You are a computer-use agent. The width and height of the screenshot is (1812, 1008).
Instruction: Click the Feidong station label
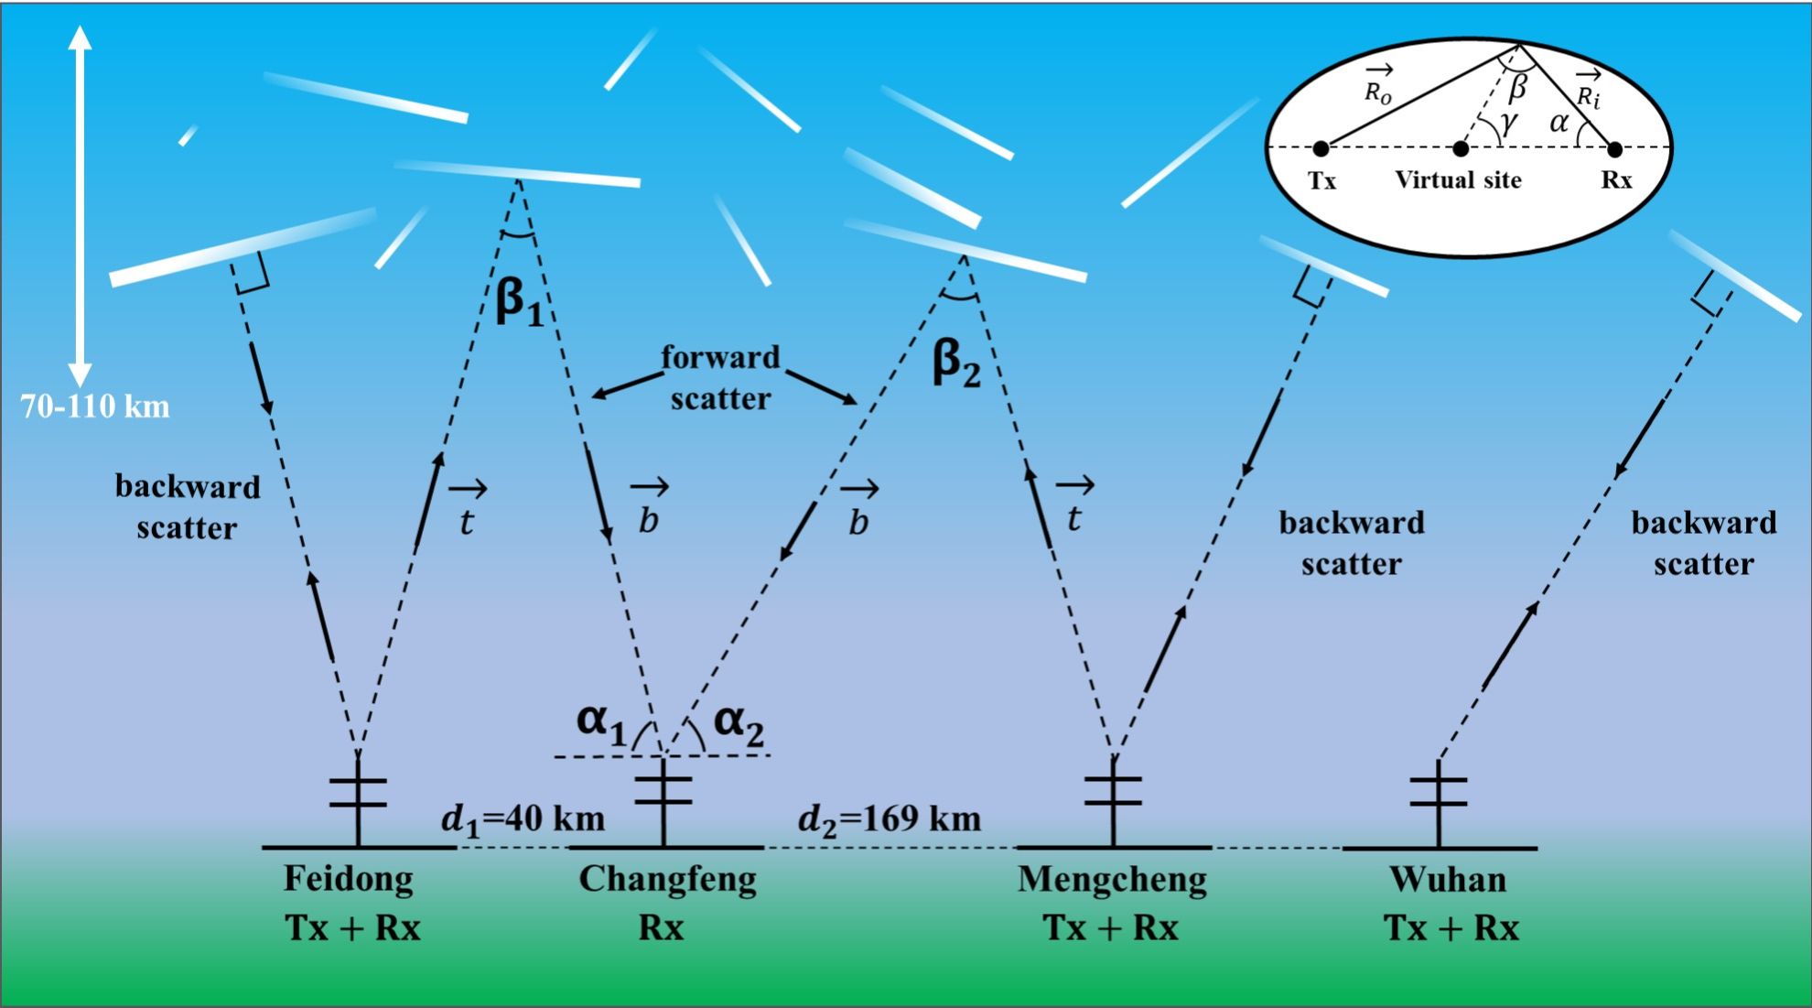(348, 879)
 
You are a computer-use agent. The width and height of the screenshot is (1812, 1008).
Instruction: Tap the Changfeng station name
(667, 879)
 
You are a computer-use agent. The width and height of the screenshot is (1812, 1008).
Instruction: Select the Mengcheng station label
(1112, 879)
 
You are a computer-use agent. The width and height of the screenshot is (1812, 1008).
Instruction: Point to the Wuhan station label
(1447, 880)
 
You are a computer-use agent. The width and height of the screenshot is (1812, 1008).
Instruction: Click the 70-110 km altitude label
(95, 406)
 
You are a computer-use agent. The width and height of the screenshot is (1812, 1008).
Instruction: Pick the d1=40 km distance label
(523, 818)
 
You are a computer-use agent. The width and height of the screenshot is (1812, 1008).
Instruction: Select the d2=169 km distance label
(890, 818)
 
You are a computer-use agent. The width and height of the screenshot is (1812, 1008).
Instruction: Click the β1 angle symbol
(519, 302)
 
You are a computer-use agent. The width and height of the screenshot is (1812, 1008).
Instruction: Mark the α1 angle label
(601, 722)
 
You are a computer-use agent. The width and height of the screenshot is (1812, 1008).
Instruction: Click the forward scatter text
(720, 377)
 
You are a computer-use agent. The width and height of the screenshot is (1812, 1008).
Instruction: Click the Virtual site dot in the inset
(1461, 148)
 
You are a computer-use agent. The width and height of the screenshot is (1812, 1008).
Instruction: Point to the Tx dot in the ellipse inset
(1321, 148)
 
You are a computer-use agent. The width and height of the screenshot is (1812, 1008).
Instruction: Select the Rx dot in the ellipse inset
(1614, 148)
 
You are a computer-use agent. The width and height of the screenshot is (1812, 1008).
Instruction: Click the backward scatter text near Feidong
(188, 507)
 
